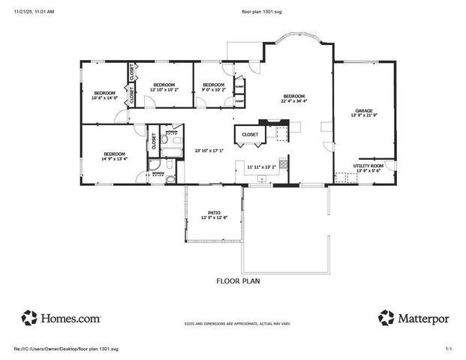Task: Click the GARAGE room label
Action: click(x=363, y=110)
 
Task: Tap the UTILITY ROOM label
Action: click(x=368, y=165)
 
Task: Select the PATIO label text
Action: click(x=214, y=212)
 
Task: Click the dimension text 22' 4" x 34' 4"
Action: click(x=293, y=100)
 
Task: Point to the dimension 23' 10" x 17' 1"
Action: click(x=209, y=150)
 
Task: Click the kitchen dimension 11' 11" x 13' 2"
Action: click(x=262, y=166)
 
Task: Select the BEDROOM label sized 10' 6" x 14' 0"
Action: click(x=105, y=92)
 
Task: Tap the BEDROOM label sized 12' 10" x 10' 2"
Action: click(x=164, y=85)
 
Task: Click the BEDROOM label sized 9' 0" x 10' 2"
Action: click(x=214, y=85)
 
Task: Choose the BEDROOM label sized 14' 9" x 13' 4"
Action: click(x=115, y=152)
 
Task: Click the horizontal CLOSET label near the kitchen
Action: click(x=250, y=135)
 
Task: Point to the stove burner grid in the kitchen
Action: click(x=284, y=163)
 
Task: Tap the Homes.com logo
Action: click(x=61, y=317)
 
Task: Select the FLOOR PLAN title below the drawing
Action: click(x=239, y=281)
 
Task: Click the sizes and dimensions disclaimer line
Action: click(x=238, y=325)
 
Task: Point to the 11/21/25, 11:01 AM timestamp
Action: click(x=34, y=12)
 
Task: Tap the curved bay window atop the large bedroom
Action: click(x=299, y=40)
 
